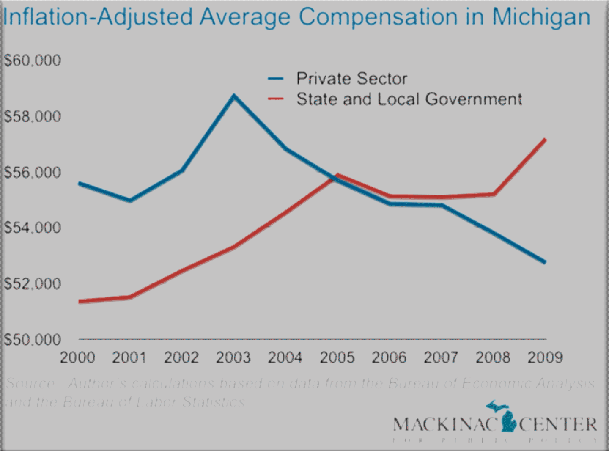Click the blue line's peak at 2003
tap(234, 96)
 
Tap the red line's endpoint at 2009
tap(545, 140)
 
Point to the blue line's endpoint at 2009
tap(545, 262)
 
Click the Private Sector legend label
tap(351, 79)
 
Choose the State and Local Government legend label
tap(409, 99)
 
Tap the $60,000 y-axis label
tap(33, 60)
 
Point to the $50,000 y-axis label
tap(33, 339)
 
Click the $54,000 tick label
tap(33, 228)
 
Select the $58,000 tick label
tap(33, 116)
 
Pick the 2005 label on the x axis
tap(337, 357)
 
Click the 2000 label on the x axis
tap(77, 357)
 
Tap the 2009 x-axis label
tap(545, 357)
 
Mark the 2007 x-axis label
tap(441, 357)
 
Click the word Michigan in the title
tap(541, 17)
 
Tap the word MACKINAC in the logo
tap(444, 424)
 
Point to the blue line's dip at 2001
tap(130, 201)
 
